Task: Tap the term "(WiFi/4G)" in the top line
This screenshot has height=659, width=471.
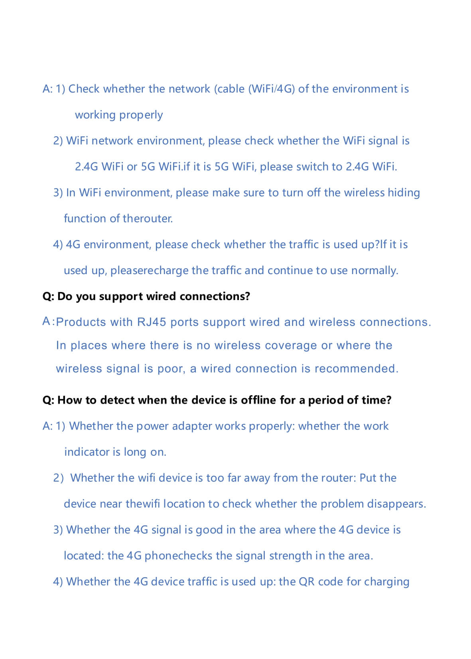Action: coord(272,89)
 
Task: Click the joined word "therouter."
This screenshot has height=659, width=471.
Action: coord(148,218)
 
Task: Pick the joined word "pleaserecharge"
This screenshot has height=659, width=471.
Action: coord(149,271)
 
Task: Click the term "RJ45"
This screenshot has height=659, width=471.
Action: coord(152,322)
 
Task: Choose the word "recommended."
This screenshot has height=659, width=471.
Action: coord(356,369)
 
